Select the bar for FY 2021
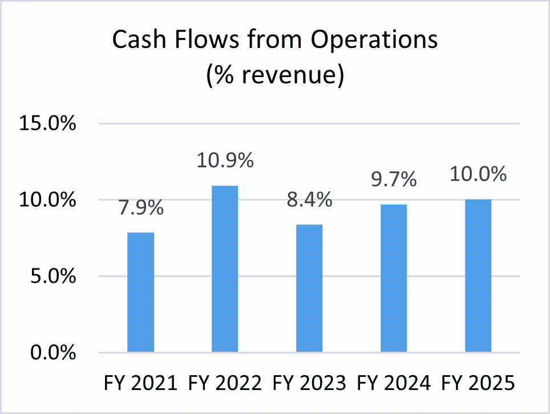pos(140,292)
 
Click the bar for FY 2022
pos(225,269)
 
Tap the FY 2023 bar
pos(309,288)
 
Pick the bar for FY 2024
pos(394,278)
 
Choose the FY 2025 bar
pos(478,276)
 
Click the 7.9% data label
pos(140,208)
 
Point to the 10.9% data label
pos(225,161)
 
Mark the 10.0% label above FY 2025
pos(478,174)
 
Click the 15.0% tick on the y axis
pos(48,124)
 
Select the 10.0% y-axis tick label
pos(48,200)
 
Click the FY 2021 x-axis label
pos(140,383)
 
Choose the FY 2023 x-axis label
pos(309,383)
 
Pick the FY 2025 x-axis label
pos(478,383)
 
